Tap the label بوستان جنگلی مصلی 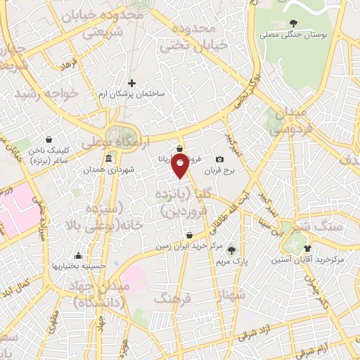click(292, 33)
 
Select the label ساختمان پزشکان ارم click(131, 94)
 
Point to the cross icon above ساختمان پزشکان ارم click(131, 84)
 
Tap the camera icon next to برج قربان click(220, 160)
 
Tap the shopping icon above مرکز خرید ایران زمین click(189, 236)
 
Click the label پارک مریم click(231, 262)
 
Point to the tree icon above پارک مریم click(231, 250)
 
